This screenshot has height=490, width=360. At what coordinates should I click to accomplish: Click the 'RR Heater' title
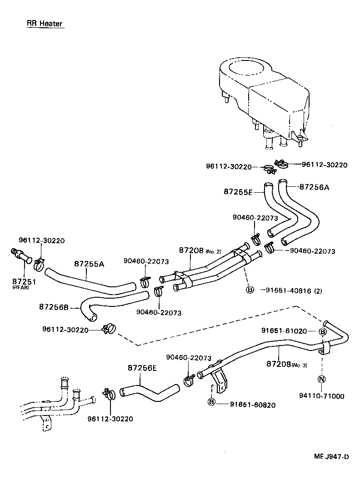(x=45, y=24)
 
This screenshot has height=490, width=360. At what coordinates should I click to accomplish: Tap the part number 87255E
(x=238, y=192)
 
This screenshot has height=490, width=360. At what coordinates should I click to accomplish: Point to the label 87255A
(x=89, y=264)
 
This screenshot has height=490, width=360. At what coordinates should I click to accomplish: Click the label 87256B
(x=54, y=307)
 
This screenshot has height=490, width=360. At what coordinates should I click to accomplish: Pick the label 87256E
(x=142, y=368)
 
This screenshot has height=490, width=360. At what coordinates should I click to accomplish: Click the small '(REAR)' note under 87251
(x=20, y=288)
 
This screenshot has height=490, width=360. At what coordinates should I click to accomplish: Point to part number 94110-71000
(x=322, y=396)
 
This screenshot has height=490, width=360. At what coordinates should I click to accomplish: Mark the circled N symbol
(x=322, y=380)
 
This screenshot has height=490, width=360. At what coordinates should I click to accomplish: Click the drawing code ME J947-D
(x=331, y=457)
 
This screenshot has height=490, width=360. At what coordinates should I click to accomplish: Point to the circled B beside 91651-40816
(x=250, y=290)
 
